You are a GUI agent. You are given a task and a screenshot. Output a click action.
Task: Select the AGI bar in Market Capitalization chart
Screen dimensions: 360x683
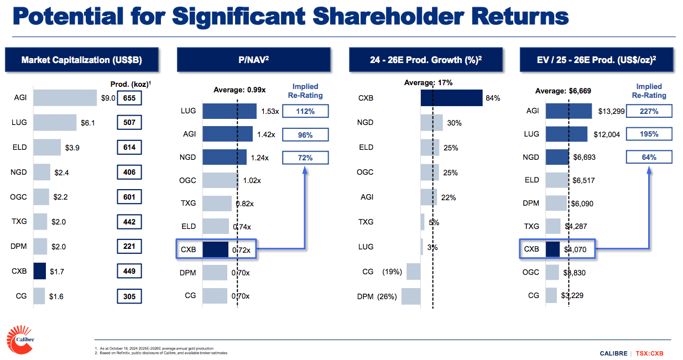tap(65, 98)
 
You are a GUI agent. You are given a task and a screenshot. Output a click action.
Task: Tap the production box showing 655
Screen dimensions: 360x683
tap(129, 98)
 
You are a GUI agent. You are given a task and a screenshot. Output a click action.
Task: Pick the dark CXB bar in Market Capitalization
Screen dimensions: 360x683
tap(39, 272)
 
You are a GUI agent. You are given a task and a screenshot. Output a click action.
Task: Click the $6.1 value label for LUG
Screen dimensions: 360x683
tap(88, 123)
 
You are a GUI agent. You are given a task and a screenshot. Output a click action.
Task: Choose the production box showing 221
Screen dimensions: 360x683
tap(129, 247)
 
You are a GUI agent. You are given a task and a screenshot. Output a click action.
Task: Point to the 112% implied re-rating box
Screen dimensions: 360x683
tap(305, 111)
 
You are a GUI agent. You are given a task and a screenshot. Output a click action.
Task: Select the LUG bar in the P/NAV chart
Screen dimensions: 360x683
tap(230, 111)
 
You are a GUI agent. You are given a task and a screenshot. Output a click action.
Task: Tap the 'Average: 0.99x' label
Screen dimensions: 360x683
tap(241, 90)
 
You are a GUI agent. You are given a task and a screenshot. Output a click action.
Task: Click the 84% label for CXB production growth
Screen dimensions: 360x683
tap(493, 98)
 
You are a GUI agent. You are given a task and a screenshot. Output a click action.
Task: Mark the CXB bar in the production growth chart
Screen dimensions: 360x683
tap(451, 98)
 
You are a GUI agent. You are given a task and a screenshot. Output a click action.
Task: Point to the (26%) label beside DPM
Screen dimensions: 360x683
tap(387, 296)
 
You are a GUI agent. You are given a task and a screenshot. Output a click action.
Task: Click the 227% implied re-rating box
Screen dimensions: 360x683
tap(649, 111)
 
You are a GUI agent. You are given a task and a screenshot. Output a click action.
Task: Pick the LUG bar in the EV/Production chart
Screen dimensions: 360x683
tap(566, 134)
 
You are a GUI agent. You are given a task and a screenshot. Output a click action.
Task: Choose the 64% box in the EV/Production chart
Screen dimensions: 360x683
tap(649, 157)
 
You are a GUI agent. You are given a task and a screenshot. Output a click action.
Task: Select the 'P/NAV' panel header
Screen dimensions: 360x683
tap(254, 60)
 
